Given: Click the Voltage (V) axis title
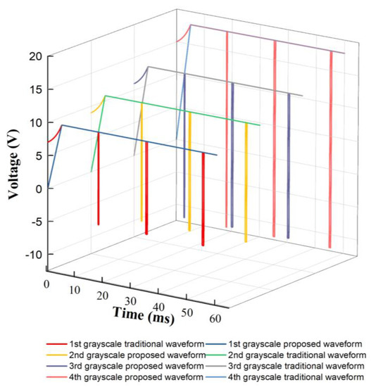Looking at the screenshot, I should [x=13, y=155].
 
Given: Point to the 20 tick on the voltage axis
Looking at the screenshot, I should [x=33, y=56].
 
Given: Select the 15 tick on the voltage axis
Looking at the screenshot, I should [x=33, y=89].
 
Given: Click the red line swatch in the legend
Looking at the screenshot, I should [x=56, y=345].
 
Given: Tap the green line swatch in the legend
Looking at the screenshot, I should [x=215, y=356].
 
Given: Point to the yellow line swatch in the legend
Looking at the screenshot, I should [x=56, y=356].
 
